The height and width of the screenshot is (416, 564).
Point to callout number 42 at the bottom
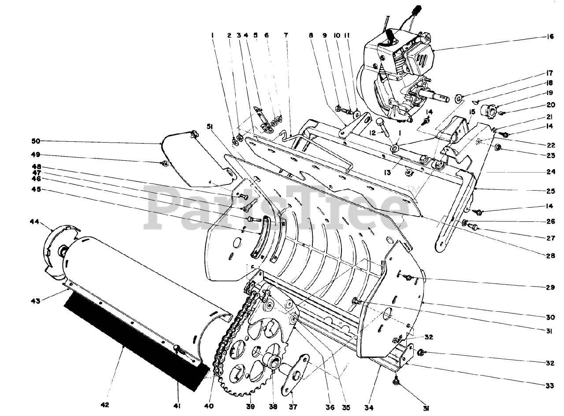click(105, 405)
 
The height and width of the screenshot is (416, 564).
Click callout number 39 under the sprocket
click(250, 406)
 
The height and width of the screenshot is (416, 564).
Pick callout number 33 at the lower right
click(549, 386)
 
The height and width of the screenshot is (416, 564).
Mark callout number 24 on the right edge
click(549, 172)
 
